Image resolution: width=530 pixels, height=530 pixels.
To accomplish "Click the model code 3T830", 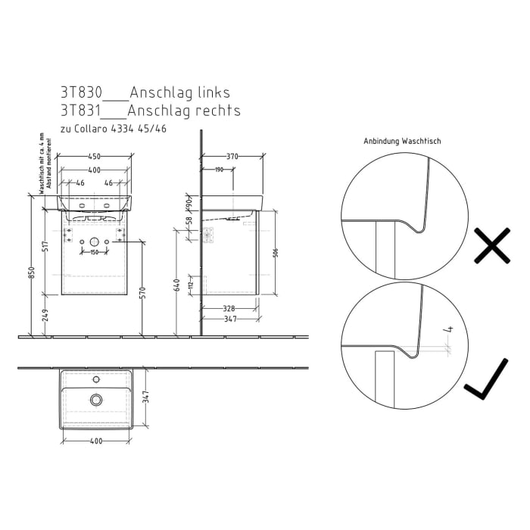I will point(80,92).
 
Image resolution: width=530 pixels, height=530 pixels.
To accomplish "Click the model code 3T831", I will point(80,111).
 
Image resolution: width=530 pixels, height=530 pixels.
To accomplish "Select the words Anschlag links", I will point(179,92).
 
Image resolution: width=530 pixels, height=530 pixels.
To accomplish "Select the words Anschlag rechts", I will point(184,111).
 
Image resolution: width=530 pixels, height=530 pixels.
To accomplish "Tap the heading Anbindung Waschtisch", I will point(402,142).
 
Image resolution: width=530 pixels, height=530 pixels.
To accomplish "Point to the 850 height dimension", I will point(32,273).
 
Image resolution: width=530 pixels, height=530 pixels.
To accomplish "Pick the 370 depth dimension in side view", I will point(232,156).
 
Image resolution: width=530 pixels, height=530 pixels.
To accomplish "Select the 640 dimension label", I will point(177,284).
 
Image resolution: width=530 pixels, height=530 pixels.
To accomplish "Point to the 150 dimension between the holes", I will point(95,251).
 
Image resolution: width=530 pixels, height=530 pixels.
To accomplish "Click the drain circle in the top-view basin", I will point(95,399).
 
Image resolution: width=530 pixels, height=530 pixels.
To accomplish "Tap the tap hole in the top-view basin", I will point(95,379).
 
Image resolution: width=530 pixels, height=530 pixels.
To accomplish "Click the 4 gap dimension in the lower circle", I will point(449,330).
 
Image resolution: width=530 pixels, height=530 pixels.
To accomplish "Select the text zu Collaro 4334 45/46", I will point(114,129).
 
